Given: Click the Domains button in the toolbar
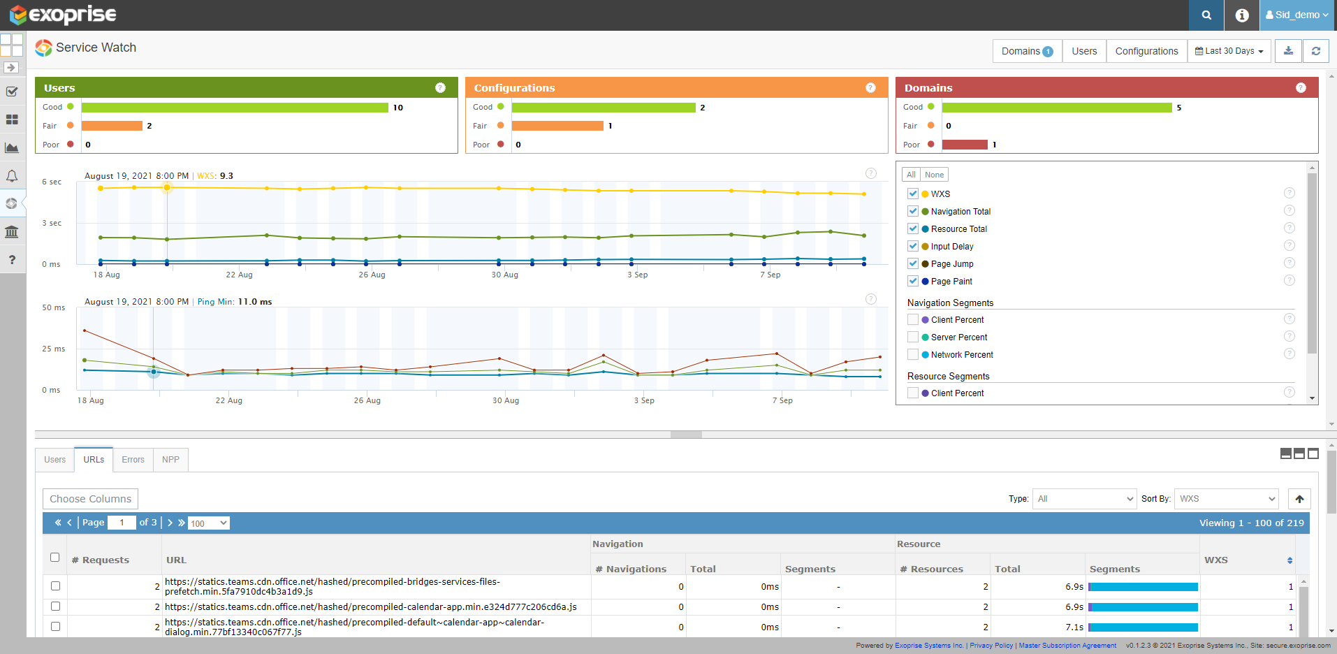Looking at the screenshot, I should pos(1027,51).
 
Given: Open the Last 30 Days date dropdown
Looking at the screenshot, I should pos(1229,51).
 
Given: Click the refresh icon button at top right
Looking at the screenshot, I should pos(1315,51).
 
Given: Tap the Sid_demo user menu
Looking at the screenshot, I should pos(1297,15).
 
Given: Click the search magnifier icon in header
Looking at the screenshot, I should pos(1206,15).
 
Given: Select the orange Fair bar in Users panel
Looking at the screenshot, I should pos(112,126).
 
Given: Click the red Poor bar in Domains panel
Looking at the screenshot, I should pos(965,145).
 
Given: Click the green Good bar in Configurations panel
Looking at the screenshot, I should pos(604,108).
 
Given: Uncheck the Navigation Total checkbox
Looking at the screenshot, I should pos(913,211).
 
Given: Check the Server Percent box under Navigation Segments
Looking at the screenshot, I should pos(913,337).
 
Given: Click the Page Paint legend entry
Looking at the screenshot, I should pos(951,282).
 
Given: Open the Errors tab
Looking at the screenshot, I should pos(133,460).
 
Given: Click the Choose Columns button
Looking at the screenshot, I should pos(90,499).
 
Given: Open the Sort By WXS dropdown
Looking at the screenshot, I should pos(1226,499).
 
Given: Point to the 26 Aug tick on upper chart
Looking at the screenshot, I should pos(372,275).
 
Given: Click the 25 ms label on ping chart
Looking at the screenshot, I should pos(53,349).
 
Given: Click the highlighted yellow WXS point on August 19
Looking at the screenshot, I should pos(167,187).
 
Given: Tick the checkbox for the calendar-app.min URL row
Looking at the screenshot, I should pos(55,606).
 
